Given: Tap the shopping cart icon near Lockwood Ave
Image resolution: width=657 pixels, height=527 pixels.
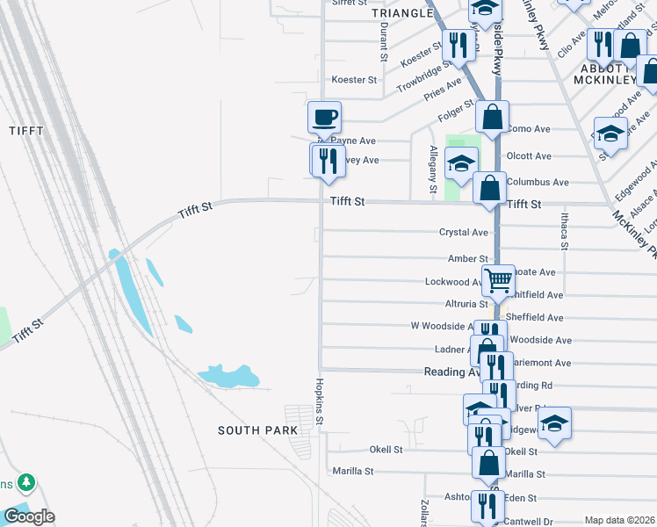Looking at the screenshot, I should tap(498, 281).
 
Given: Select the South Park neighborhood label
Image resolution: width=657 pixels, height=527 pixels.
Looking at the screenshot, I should tap(257, 430).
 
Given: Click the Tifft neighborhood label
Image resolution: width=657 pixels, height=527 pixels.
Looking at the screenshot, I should tap(25, 131).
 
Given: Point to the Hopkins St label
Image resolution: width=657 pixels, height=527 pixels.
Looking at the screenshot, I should tap(320, 405).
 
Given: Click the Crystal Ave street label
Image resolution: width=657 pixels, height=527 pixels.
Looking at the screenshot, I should tap(463, 233).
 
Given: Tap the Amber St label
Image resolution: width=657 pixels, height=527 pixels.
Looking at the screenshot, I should tap(467, 259).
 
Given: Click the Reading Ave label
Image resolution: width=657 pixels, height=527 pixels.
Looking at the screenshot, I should tap(452, 372).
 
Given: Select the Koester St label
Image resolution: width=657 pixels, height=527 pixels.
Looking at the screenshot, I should tap(354, 80).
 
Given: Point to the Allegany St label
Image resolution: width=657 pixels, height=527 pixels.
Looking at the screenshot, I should tap(432, 170).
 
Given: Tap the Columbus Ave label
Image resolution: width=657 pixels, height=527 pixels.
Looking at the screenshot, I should tap(538, 183).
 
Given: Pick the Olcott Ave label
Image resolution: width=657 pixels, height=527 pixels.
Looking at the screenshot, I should tap(529, 156).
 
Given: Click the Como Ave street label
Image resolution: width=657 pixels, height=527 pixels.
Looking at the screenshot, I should tap(529, 129).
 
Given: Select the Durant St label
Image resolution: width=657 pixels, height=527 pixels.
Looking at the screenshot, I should tap(384, 42).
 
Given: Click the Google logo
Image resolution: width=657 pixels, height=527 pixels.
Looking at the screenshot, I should tap(29, 516).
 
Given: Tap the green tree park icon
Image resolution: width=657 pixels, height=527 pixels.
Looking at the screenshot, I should tap(26, 482).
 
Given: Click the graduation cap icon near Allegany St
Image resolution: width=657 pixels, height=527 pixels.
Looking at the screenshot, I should tap(461, 162).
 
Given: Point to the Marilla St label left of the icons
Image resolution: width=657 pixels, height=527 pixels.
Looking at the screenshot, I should tap(354, 472).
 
